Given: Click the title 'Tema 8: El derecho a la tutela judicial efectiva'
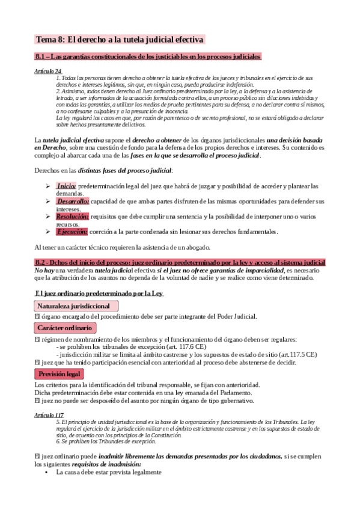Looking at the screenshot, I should (x=120, y=39).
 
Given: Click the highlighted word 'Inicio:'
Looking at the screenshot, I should (x=66, y=186).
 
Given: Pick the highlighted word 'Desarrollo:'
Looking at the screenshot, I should (x=73, y=201).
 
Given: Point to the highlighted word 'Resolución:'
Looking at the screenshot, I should (x=72, y=216).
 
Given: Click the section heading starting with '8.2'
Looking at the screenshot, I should (x=180, y=263).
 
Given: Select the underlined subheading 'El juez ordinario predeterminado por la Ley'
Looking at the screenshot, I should (x=100, y=293).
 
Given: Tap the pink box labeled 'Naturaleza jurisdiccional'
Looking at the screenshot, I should (x=74, y=306).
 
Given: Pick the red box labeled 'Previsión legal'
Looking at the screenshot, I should (x=59, y=374).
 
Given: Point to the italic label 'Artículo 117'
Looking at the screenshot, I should (x=50, y=416).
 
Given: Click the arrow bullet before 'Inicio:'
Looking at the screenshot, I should (x=48, y=186).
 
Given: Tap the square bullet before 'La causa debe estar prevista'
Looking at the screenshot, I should (x=47, y=473).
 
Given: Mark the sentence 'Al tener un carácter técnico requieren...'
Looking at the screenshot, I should (x=122, y=247).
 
